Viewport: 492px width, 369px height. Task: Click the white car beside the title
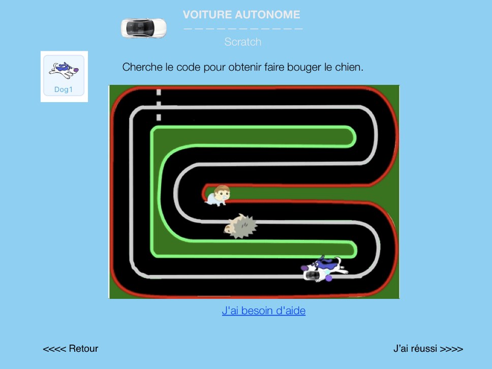[144, 28]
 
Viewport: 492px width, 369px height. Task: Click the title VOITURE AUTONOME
[241, 14]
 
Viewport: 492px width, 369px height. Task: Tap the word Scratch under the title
[243, 42]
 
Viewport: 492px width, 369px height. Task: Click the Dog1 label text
[64, 89]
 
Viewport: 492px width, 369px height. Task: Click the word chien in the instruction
[349, 67]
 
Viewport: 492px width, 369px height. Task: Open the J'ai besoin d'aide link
[264, 311]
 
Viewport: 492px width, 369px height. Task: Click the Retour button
[71, 348]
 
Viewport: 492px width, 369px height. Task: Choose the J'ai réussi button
[428, 348]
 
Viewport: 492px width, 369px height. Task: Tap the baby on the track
[218, 195]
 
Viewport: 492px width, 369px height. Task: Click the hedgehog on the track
[240, 226]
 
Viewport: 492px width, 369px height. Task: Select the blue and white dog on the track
[324, 268]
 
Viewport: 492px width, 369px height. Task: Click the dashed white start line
[159, 105]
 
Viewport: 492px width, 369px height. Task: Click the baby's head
[222, 192]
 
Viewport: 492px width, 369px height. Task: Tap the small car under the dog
[313, 275]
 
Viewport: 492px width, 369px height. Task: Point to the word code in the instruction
[189, 67]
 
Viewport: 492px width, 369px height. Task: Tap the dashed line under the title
[243, 29]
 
